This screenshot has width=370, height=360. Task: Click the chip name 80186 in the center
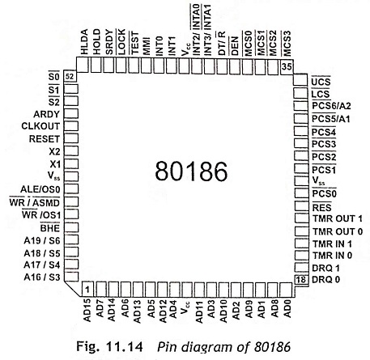pos(191,172)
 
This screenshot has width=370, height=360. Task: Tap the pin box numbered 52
pos(70,77)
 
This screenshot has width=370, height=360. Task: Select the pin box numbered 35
pos(287,66)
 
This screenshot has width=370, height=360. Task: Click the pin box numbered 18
pos(301,280)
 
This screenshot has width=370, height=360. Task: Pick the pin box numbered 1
pos(87,289)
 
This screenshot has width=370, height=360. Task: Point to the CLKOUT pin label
pos(40,126)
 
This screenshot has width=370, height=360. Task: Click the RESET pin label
pos(45,139)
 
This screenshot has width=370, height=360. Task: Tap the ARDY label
pos(46,114)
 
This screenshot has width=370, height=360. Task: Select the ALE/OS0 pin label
pos(40,189)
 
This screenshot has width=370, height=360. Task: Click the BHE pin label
pos(50,228)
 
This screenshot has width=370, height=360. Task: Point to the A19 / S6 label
pos(42,240)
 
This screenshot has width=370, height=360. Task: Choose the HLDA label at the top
pos(84,42)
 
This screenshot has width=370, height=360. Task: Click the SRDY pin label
pos(108,42)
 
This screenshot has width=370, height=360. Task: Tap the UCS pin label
pos(321,82)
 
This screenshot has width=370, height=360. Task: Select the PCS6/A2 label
pos(331,106)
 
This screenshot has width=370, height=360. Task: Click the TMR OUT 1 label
pos(338,218)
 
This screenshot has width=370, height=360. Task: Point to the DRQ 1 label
pos(325,268)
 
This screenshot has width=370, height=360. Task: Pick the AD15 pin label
pos(87,310)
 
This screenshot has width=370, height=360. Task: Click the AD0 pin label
pos(287,308)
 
